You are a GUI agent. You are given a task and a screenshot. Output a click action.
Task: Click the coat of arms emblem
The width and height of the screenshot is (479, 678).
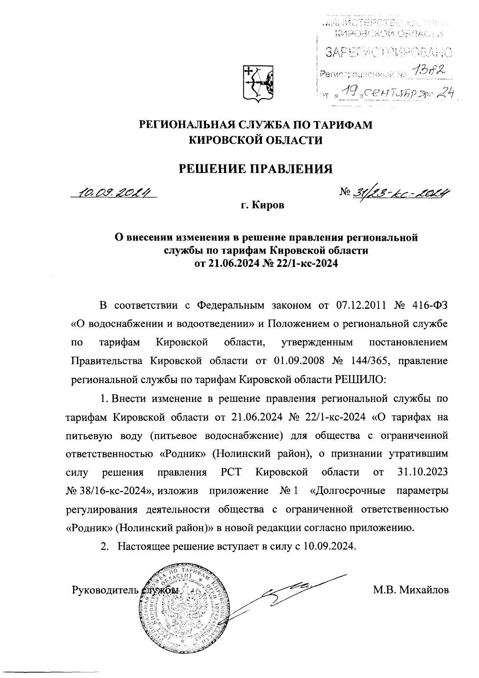pos(258,83)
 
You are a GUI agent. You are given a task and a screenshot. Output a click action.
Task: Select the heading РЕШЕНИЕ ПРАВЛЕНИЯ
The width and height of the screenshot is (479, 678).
pos(255,169)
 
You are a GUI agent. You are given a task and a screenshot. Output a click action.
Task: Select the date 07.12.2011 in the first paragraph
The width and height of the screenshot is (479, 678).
pos(361,306)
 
